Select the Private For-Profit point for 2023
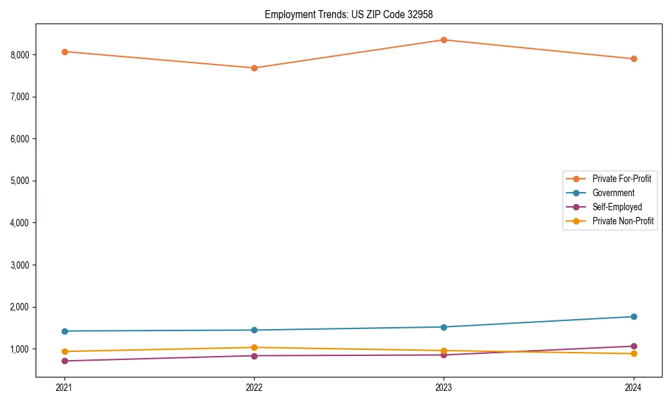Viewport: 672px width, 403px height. coord(444,40)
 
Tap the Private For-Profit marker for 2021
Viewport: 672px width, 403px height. coord(65,52)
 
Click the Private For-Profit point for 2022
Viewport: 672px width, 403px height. coord(254,68)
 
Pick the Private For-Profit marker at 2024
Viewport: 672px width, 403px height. coord(634,58)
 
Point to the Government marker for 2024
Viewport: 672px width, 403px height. coord(634,316)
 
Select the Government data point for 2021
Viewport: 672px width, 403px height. coord(65,331)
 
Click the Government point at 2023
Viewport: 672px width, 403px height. coord(444,327)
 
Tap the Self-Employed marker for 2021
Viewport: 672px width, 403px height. coord(65,361)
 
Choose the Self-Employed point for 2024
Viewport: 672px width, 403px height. coord(634,346)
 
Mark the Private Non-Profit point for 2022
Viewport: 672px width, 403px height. coord(254,347)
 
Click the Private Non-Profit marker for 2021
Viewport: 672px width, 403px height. coord(65,351)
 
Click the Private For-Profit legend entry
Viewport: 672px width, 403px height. coord(621,179)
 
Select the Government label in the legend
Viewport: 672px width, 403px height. coord(613,193)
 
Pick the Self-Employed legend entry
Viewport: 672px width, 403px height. coord(617,207)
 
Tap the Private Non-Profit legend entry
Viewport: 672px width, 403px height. coord(623,221)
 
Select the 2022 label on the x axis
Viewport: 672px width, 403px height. coord(254,388)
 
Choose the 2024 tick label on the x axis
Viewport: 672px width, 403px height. coord(634,388)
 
